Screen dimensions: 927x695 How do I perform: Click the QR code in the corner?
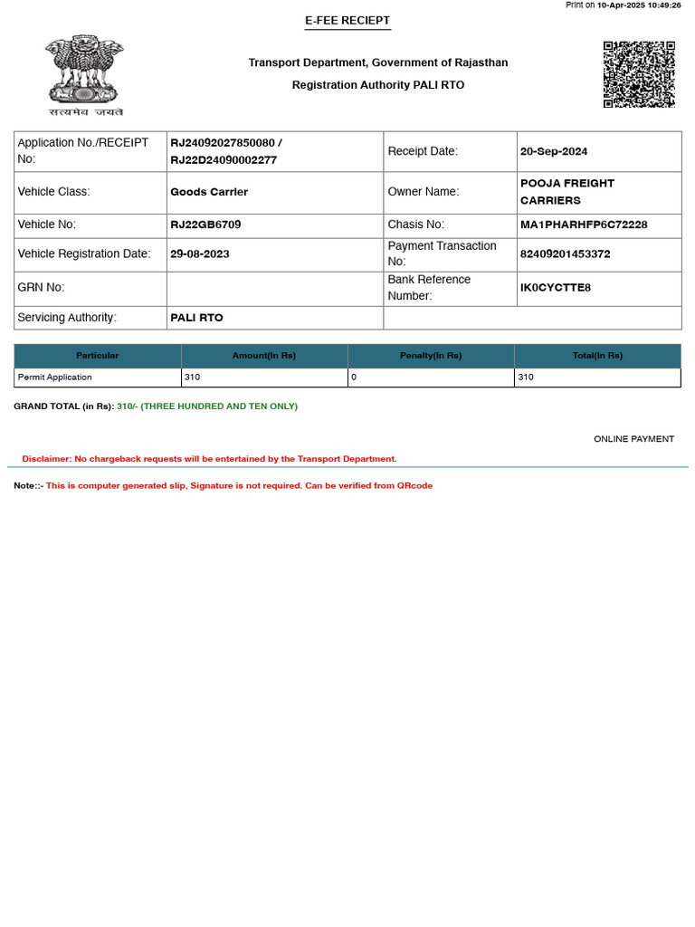(x=639, y=74)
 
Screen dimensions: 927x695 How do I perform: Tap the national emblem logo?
(x=85, y=74)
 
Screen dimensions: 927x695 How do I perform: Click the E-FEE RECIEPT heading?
(x=347, y=21)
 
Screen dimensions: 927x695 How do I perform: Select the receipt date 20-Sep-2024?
(x=554, y=151)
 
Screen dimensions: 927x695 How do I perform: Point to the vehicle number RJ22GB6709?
(x=205, y=225)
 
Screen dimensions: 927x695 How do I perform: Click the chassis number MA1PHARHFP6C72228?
(x=584, y=225)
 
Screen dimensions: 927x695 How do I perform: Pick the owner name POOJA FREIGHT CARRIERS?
(x=566, y=192)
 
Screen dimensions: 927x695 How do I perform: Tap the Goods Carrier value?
(x=209, y=192)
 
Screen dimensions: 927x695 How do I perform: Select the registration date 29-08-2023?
(x=200, y=254)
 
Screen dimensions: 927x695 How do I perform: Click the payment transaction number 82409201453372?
(x=566, y=254)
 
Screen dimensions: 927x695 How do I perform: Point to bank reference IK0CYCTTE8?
(x=556, y=288)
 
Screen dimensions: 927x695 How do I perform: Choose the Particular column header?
(x=97, y=356)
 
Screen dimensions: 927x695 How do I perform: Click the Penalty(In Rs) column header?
(x=431, y=356)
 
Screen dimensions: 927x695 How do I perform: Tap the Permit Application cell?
(x=55, y=377)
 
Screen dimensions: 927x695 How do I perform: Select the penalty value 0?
(x=354, y=377)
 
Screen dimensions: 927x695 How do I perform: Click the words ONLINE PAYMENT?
(x=633, y=439)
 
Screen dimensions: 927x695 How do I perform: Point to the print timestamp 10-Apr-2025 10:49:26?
(x=639, y=5)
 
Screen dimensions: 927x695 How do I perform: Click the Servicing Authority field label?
(x=67, y=318)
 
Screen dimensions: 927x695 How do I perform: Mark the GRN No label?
(x=42, y=288)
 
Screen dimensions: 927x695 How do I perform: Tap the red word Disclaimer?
(x=46, y=459)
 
